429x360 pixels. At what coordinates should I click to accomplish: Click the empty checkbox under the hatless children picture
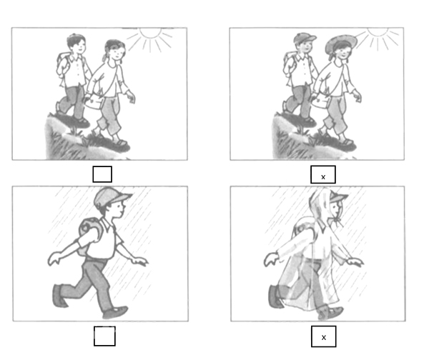click(102, 174)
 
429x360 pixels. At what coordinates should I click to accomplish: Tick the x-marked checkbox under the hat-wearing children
click(323, 174)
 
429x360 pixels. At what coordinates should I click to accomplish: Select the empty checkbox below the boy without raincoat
click(104, 336)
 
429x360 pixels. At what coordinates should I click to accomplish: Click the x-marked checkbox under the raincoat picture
click(324, 336)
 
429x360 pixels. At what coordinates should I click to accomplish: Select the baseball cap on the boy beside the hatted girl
click(305, 38)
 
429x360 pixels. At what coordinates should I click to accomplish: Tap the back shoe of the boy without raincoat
click(59, 296)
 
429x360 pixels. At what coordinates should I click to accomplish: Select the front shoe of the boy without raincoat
click(115, 312)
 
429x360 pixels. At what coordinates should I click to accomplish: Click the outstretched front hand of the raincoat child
click(355, 262)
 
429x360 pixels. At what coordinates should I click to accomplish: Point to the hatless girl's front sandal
click(121, 142)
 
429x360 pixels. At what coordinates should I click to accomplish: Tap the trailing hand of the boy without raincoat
click(55, 259)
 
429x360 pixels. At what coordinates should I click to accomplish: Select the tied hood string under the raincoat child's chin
click(338, 221)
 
